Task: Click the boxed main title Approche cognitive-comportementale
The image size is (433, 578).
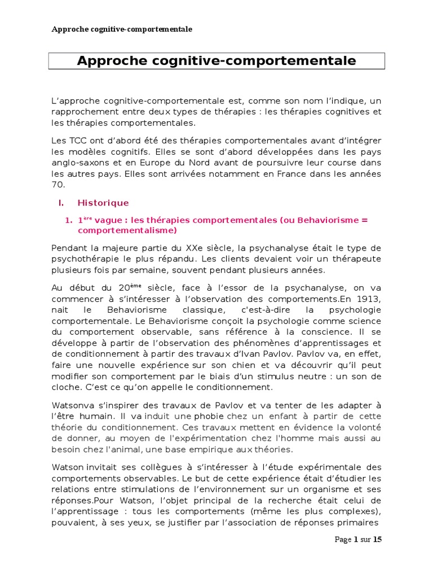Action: tap(216, 61)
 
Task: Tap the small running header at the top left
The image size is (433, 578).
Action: tap(122, 29)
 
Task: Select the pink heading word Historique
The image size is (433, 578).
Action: tap(103, 203)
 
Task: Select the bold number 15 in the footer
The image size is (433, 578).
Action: tap(377, 540)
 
